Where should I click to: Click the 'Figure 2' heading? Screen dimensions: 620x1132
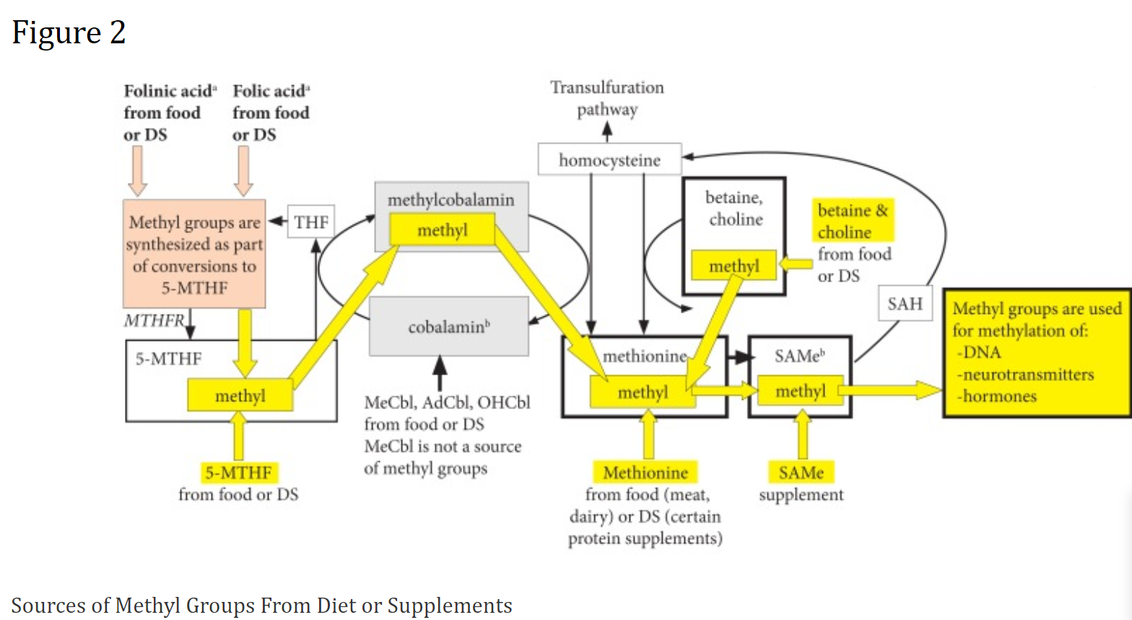click(69, 32)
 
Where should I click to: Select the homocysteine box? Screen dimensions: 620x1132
click(609, 160)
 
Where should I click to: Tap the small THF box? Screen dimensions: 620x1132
click(311, 222)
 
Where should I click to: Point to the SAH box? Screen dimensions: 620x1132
click(905, 304)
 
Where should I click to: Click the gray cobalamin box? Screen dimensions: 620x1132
click(448, 327)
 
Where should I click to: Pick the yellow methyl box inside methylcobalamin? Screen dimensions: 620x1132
click(442, 230)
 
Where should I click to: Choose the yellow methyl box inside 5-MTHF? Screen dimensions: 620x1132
click(240, 396)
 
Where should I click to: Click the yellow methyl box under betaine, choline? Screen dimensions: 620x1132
click(733, 266)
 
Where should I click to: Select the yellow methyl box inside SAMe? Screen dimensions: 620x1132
click(800, 391)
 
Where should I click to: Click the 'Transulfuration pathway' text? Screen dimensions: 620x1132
click(606, 98)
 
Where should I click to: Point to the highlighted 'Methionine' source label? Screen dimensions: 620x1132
click(645, 473)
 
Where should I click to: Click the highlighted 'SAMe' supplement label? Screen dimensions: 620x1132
click(801, 473)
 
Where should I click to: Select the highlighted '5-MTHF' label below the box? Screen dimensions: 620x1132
click(238, 473)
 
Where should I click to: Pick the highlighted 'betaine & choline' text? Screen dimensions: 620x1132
click(853, 221)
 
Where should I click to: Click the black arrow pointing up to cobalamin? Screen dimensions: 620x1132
click(439, 374)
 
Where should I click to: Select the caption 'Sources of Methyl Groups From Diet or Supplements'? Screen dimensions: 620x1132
click(261, 605)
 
